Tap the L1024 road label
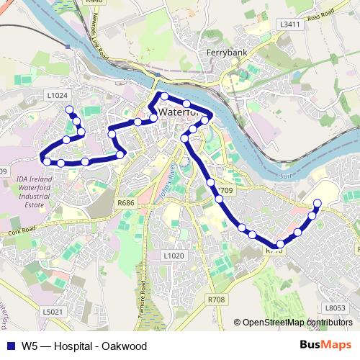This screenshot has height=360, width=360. click(56, 94)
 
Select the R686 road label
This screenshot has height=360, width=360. click(126, 203)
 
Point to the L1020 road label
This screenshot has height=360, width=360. click(174, 256)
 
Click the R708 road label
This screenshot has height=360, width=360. click(216, 298)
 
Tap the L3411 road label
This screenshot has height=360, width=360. click(289, 24)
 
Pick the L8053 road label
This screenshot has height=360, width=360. click(335, 307)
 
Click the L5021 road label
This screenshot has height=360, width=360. click(53, 312)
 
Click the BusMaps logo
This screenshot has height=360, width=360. click(325, 346)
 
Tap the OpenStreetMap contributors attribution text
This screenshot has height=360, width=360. click(297, 323)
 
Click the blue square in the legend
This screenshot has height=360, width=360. click(9, 346)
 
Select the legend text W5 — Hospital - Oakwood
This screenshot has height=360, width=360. click(84, 346)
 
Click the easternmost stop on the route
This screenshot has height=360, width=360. click(318, 203)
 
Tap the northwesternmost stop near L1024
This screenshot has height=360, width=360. click(70, 110)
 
